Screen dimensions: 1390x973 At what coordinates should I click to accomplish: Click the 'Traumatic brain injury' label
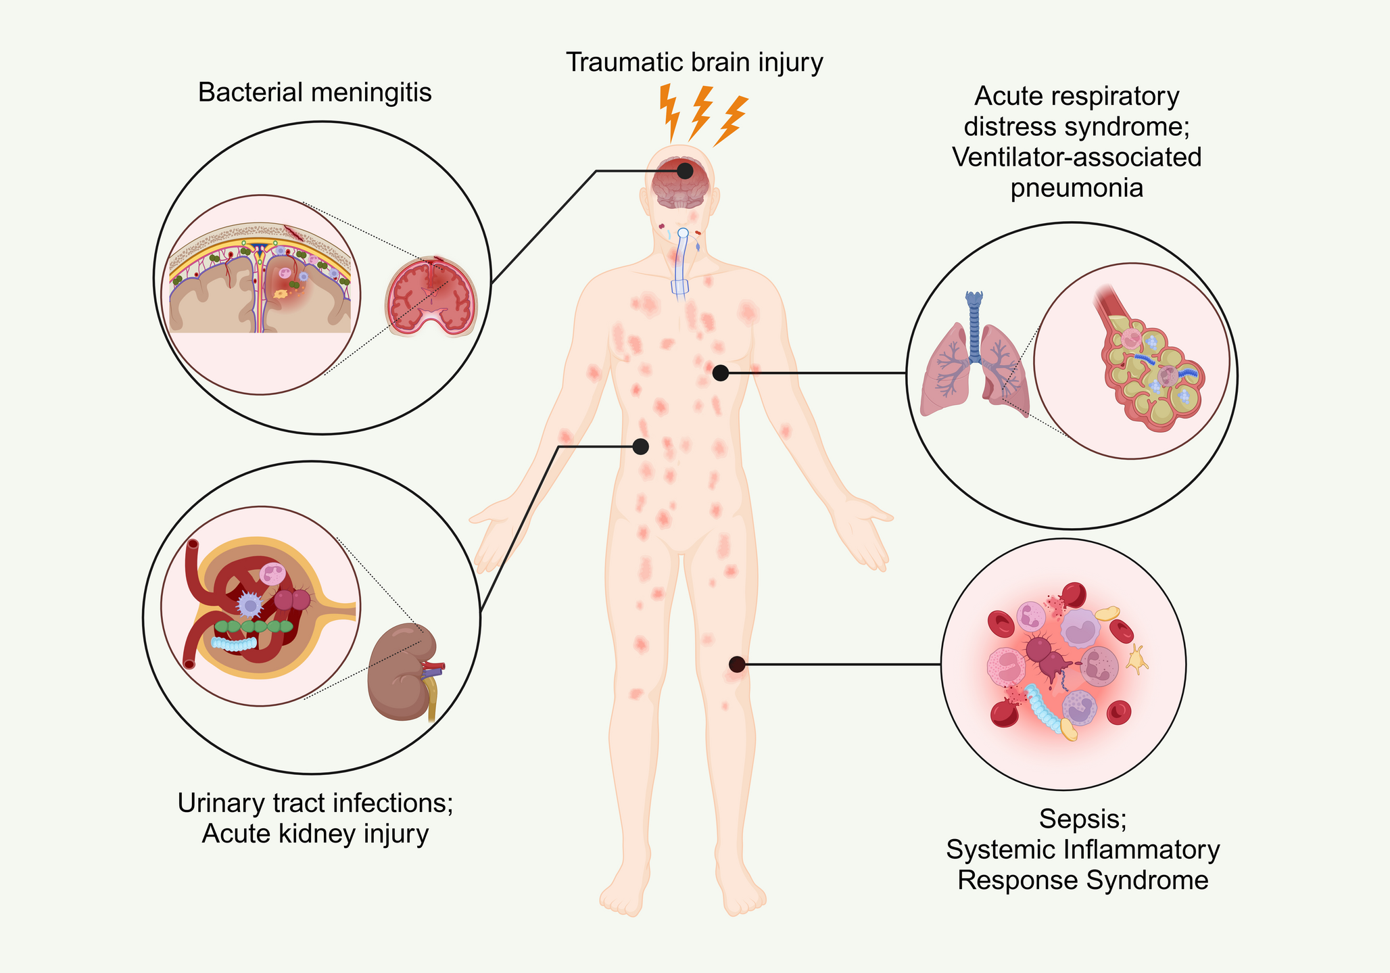[694, 62]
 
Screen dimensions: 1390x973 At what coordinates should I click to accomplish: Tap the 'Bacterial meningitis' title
[314, 93]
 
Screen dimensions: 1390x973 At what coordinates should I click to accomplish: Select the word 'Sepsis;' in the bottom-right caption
[1082, 819]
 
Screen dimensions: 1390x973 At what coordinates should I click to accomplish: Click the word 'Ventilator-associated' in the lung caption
[1077, 157]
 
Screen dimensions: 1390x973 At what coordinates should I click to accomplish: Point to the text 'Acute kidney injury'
[315, 834]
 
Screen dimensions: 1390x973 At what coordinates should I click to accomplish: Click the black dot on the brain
[685, 170]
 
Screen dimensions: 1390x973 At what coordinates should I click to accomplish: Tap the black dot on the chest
[721, 373]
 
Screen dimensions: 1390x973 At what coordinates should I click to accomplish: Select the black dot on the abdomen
[640, 446]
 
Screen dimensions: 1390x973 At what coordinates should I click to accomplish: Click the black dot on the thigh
[737, 664]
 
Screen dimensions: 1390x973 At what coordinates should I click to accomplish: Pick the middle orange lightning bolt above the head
[700, 112]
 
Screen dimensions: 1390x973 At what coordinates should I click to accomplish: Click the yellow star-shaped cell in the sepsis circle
[1137, 659]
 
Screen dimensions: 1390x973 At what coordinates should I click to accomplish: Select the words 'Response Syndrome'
[1082, 880]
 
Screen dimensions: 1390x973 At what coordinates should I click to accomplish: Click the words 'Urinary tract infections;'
[315, 803]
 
